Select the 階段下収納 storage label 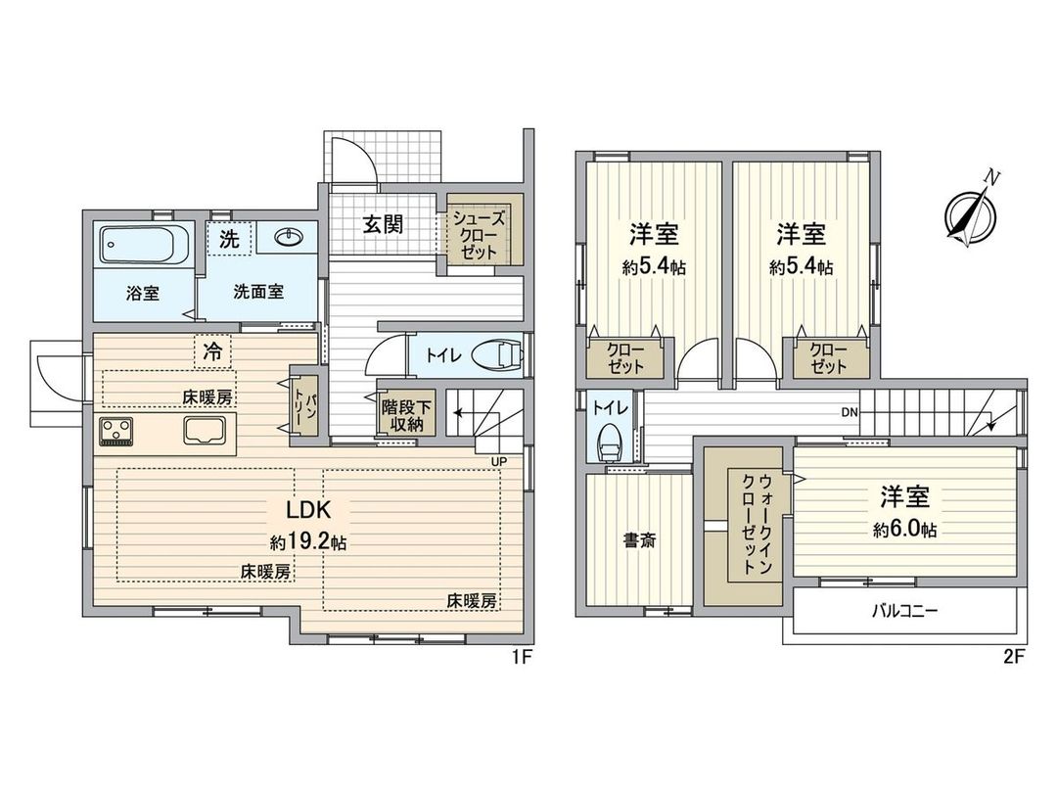pyautogui.click(x=402, y=415)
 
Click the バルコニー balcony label pyautogui.click(x=904, y=612)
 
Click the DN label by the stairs pyautogui.click(x=850, y=412)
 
